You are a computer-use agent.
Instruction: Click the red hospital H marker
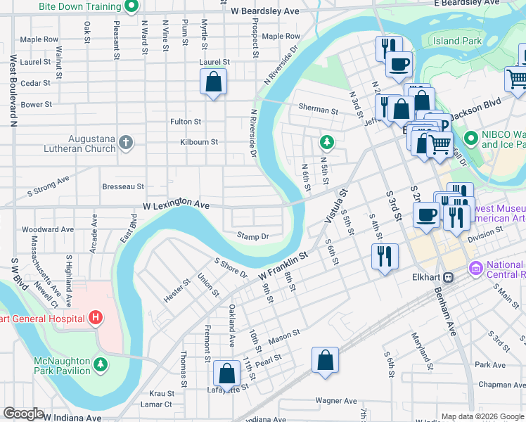click(96, 319)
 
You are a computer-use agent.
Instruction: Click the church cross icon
click(126, 143)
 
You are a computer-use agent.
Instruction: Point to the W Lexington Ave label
click(177, 204)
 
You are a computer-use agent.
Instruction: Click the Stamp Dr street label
click(253, 236)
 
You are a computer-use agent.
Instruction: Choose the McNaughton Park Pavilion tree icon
click(101, 365)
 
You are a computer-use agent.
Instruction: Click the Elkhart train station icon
click(447, 276)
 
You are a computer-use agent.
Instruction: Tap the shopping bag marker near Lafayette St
click(226, 374)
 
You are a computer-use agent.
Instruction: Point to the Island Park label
click(457, 41)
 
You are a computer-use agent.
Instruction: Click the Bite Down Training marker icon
click(131, 7)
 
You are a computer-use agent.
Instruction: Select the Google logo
click(23, 414)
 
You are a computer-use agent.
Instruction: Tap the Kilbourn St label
click(199, 141)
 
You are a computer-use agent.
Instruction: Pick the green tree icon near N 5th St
click(326, 143)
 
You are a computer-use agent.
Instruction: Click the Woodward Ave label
click(48, 229)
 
